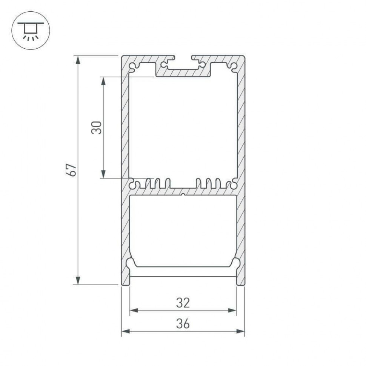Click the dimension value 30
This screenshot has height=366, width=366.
tap(97, 128)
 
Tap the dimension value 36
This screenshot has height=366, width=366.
tap(183, 323)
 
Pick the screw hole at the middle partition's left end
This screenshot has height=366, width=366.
tap(133, 185)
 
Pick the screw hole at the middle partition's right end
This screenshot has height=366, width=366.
tap(234, 185)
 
